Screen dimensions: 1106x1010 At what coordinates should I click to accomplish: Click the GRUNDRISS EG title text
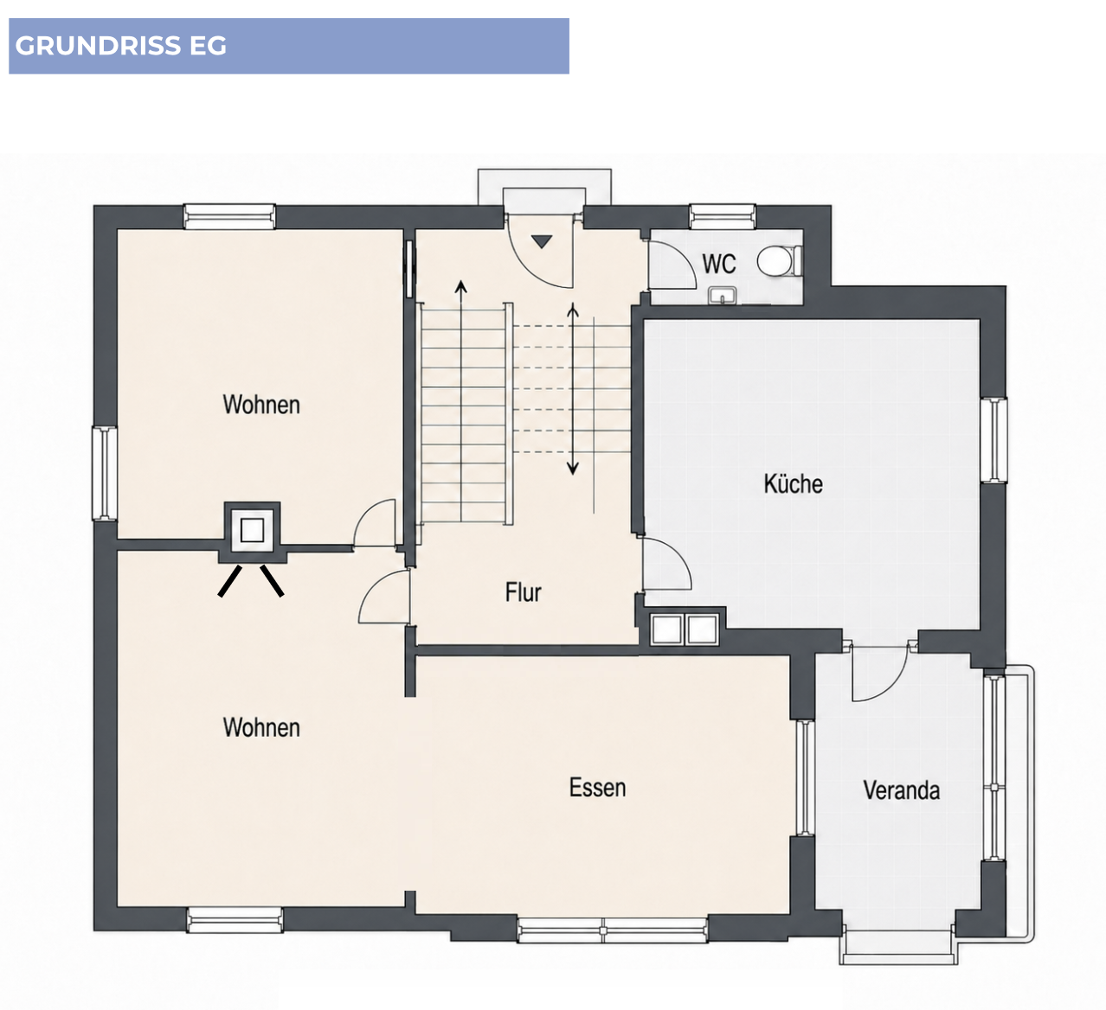[x=121, y=46]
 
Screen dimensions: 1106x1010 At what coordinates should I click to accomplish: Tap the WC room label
[x=719, y=264]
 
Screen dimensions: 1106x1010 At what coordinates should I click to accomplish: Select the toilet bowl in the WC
[x=779, y=260]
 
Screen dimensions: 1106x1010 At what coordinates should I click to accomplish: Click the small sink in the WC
[x=723, y=296]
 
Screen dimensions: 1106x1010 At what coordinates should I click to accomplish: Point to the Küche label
[x=793, y=483]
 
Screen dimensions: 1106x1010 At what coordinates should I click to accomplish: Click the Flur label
[x=523, y=592]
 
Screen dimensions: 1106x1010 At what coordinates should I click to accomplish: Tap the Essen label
[x=597, y=788]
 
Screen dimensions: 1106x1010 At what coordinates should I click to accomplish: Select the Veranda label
[x=901, y=790]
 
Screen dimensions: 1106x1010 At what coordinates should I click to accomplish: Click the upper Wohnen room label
[x=261, y=405]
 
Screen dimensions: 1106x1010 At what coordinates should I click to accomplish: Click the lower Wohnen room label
[x=261, y=728]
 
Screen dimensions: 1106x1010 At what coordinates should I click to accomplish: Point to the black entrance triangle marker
[x=542, y=241]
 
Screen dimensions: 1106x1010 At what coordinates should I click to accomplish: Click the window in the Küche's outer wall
[x=993, y=440]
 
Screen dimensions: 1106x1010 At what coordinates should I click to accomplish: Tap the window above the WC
[x=723, y=216]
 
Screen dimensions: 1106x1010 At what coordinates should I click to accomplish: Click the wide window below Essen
[x=612, y=930]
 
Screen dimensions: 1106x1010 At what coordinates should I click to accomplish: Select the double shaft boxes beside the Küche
[x=684, y=630]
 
